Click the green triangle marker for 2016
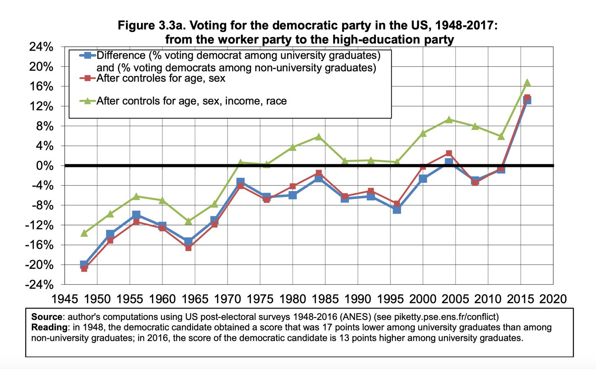coord(527,83)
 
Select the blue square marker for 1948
coord(84,265)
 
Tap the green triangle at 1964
coord(188,221)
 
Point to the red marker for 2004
coord(449,153)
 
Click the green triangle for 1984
coord(319,137)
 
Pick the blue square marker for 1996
coord(397,209)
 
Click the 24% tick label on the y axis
coord(41,47)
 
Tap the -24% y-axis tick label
coord(39,285)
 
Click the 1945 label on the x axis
coord(65,299)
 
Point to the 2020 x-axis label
coord(553,299)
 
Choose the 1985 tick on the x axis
coord(325,299)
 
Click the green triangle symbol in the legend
coord(88,101)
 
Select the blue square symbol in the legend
coord(88,55)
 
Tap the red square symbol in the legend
coord(88,78)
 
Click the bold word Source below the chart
coord(47,317)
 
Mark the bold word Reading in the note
coord(49,327)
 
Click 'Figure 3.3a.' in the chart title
coord(152,26)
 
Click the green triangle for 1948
coord(84,233)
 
